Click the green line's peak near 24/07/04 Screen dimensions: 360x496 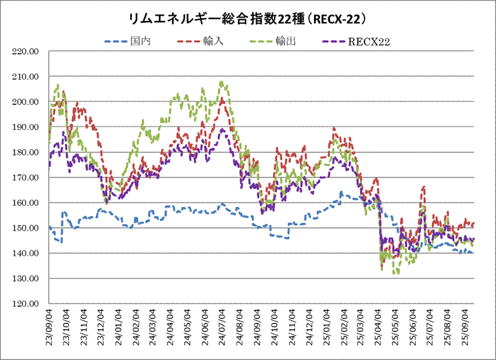point(221,82)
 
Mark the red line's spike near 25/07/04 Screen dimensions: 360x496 point(424,188)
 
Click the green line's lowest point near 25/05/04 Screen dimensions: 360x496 point(394,273)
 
